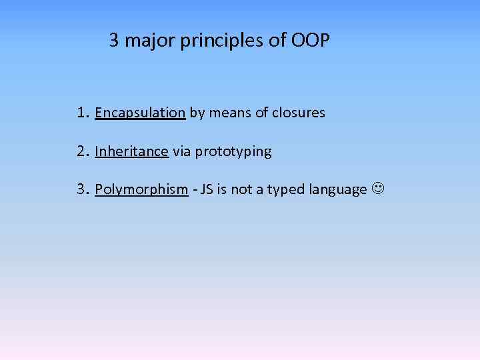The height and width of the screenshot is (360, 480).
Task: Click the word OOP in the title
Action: click(311, 41)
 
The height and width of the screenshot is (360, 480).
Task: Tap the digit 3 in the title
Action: click(114, 41)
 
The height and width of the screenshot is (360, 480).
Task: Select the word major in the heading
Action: click(147, 41)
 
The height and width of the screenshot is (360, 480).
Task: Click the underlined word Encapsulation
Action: click(140, 113)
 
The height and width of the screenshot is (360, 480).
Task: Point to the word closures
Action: click(299, 113)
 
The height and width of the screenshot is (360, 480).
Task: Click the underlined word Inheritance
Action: click(131, 151)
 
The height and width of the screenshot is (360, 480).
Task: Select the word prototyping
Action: click(233, 152)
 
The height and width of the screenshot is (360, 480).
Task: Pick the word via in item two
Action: click(181, 151)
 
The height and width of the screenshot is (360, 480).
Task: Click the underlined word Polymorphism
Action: click(141, 190)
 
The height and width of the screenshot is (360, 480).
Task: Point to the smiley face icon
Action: click(378, 190)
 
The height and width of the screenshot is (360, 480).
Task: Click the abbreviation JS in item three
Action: click(207, 190)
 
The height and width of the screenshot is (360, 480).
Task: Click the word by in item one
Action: click(197, 113)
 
